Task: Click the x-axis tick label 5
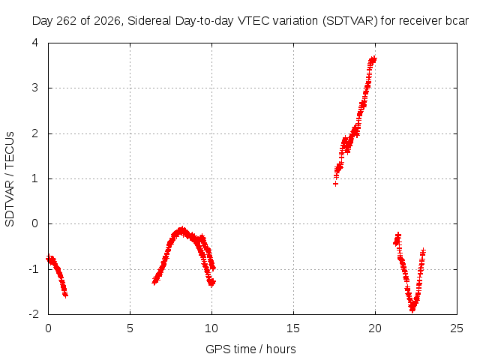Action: (x=130, y=328)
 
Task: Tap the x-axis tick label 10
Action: (x=211, y=328)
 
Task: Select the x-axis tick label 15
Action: (x=293, y=328)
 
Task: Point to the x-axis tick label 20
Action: (x=375, y=328)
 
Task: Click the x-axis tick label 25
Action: (x=457, y=328)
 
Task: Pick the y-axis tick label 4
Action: (x=35, y=43)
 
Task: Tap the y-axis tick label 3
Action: (x=35, y=88)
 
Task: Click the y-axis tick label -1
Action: (x=34, y=269)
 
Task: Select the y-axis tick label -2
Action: (x=34, y=314)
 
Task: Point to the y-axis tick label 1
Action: (x=35, y=178)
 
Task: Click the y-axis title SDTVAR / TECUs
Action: (x=10, y=179)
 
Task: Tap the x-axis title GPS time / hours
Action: (x=250, y=349)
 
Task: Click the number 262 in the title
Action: (x=68, y=21)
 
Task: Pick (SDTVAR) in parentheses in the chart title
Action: (x=350, y=21)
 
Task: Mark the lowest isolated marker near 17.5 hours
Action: (x=335, y=184)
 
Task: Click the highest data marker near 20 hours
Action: (x=373, y=58)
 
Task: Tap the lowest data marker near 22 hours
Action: (x=412, y=310)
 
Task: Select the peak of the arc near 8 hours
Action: (x=182, y=229)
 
